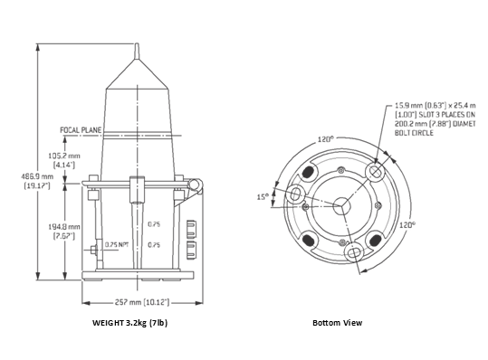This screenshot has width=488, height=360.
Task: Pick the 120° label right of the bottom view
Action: pos(408,224)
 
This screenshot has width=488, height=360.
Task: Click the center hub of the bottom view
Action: pos(343,205)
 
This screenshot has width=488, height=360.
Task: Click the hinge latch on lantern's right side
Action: pos(193,185)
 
